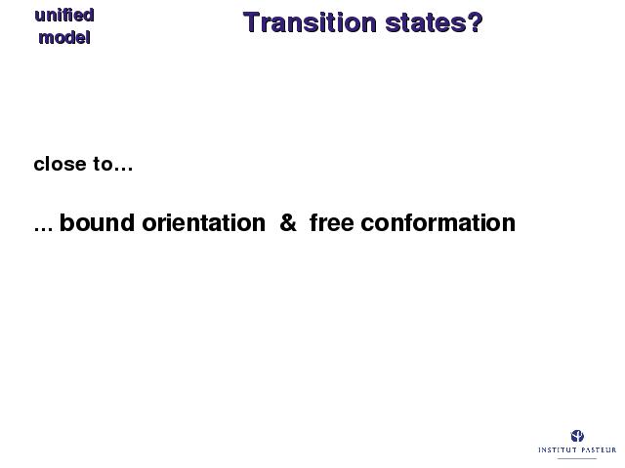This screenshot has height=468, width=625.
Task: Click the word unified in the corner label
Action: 64,16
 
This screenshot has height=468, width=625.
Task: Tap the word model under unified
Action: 64,38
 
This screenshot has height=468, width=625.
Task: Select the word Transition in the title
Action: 310,22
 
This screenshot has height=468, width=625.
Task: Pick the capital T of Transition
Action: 251,22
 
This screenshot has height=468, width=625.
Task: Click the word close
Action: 60,164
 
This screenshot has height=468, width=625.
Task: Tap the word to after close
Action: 103,165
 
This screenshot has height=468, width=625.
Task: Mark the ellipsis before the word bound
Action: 43,228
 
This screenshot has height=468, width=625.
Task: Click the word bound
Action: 97,222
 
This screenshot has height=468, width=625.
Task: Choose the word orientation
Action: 204,222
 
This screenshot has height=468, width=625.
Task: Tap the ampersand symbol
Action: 288,222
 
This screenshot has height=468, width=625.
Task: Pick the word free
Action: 332,222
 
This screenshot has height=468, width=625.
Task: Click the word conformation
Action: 438,222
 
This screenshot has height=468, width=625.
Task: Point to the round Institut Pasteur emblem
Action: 577,436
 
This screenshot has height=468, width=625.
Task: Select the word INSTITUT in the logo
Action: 558,449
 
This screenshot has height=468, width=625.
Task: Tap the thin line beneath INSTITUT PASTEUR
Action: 577,458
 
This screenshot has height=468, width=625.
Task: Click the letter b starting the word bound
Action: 66,222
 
